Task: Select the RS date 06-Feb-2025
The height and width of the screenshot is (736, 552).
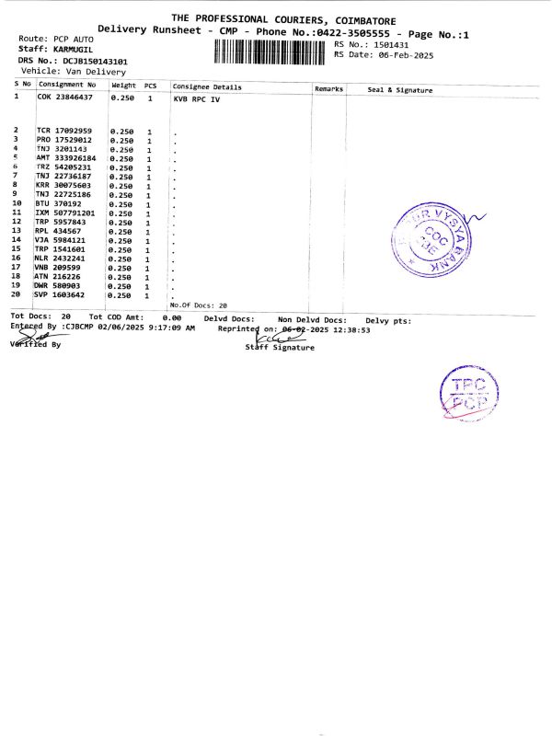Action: [397, 55]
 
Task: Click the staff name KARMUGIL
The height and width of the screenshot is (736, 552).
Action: [74, 48]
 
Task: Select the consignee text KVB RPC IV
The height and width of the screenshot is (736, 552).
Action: [196, 98]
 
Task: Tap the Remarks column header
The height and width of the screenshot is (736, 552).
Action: [328, 89]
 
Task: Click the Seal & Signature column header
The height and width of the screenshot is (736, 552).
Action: [399, 90]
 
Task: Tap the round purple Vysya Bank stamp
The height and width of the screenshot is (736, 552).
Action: [428, 241]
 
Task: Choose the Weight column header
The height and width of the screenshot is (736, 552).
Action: [123, 86]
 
